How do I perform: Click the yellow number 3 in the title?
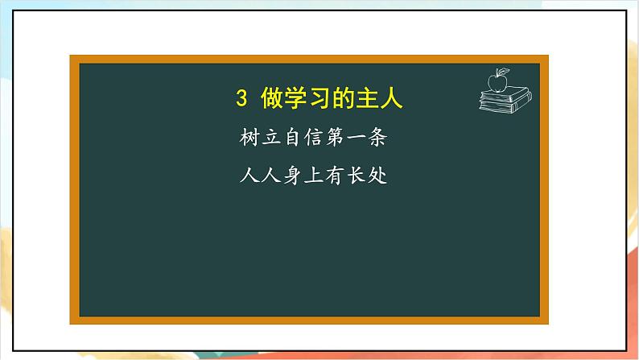(241, 98)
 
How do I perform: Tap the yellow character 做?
(273, 97)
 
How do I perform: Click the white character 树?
(249, 137)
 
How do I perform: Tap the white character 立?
(271, 138)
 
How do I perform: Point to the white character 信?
(314, 138)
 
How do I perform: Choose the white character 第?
(335, 138)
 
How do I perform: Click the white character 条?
(377, 138)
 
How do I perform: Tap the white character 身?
(292, 176)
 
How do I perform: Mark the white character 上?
(314, 176)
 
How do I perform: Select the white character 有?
(335, 176)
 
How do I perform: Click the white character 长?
(357, 176)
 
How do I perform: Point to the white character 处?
(377, 176)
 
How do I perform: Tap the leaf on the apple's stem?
(504, 71)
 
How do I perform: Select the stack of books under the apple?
(505, 101)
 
